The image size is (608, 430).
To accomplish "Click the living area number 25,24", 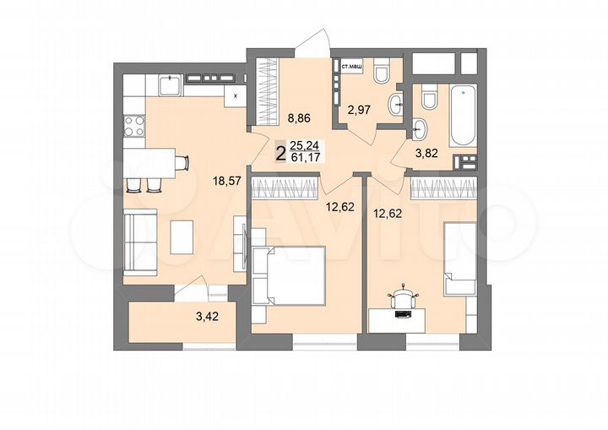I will pyautogui.click(x=305, y=146).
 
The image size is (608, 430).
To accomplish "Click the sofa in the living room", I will pyautogui.click(x=140, y=239).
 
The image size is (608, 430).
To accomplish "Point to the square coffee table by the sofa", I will pyautogui.click(x=183, y=237).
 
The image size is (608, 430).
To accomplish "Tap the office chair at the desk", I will pyautogui.click(x=404, y=298).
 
